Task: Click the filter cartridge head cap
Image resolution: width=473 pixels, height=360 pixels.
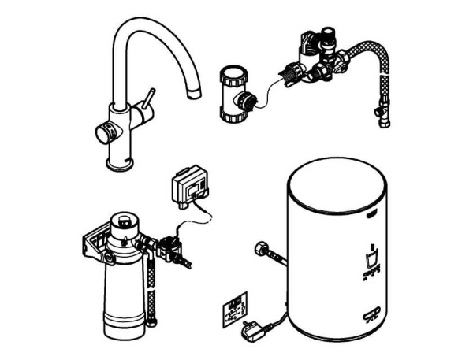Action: [x=123, y=220]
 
